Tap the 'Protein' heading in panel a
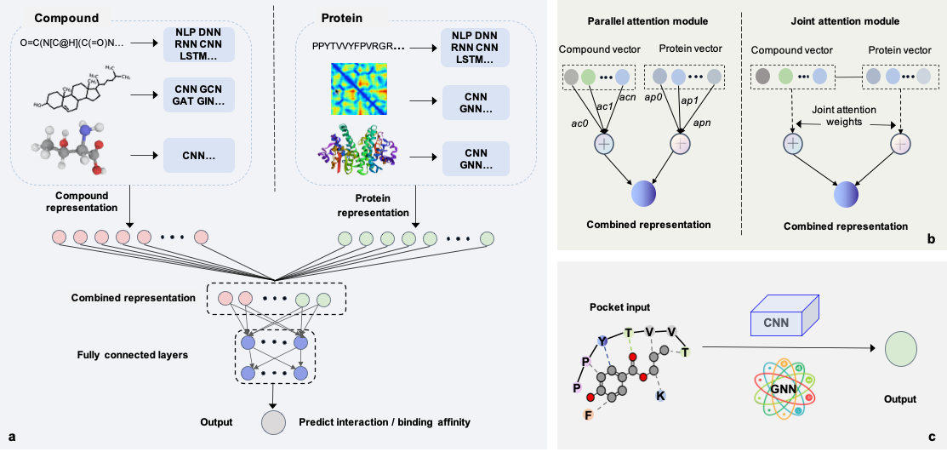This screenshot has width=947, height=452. [x=339, y=17]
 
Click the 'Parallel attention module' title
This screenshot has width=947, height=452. [x=647, y=20]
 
